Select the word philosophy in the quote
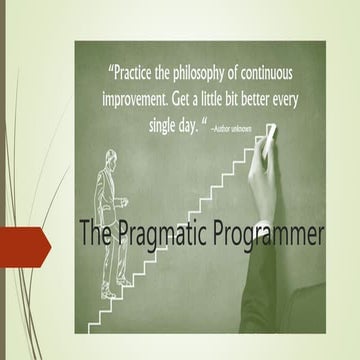coord(218,73)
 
